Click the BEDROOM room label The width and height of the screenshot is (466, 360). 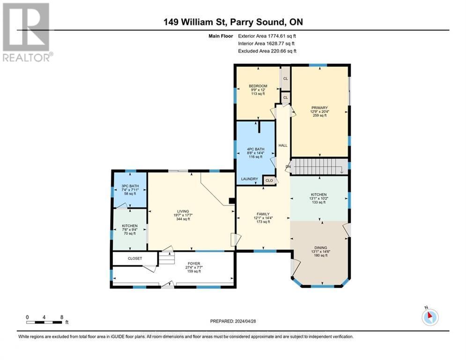click(258, 86)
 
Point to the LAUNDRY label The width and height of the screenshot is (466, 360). click(250, 179)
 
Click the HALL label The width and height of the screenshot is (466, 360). click(283, 145)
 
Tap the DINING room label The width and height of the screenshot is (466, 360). click(320, 247)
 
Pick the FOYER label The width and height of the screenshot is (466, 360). click(193, 264)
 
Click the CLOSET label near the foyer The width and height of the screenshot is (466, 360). click(134, 258)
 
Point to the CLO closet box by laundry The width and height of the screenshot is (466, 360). click(269, 180)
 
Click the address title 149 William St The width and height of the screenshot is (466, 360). click(233, 22)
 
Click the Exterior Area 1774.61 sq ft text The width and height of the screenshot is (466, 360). click(267, 36)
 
